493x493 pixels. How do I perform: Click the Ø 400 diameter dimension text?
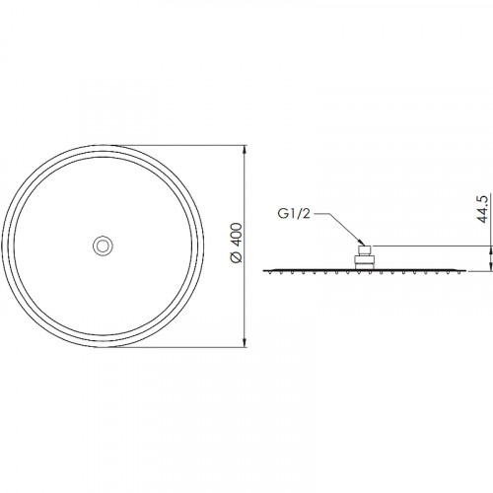[237, 243]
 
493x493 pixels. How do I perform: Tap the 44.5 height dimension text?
[483, 209]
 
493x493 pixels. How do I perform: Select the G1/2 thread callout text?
[294, 214]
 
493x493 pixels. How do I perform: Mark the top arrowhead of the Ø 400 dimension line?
[244, 149]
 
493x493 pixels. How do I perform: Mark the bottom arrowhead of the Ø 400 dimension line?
[244, 342]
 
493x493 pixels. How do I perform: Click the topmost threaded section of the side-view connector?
[365, 249]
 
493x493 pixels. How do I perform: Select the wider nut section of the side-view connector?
[365, 259]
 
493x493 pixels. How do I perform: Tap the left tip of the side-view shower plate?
[263, 270]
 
